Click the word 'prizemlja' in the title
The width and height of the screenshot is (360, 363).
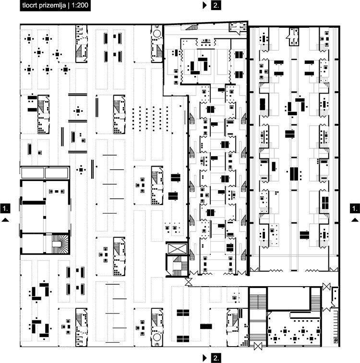[x=52, y=6]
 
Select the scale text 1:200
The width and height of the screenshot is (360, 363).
[x=80, y=5]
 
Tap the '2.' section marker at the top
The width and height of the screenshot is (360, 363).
[x=216, y=5]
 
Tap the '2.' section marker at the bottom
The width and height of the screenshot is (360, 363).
[x=216, y=358]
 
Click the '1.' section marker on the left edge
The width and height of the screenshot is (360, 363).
[x=5, y=208]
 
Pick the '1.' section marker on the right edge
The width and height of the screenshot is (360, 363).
[x=355, y=208]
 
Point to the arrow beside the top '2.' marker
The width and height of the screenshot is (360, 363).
[x=204, y=5]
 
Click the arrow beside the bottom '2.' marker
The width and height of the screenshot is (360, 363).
[x=204, y=358]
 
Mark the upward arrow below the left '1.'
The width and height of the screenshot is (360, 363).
[x=5, y=220]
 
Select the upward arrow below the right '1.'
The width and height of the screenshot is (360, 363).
[x=355, y=220]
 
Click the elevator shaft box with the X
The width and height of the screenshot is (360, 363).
[x=177, y=249]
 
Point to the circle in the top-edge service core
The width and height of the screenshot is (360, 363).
[x=156, y=34]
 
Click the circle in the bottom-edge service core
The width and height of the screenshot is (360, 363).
[x=157, y=337]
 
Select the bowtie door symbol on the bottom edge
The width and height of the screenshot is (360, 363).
[x=258, y=346]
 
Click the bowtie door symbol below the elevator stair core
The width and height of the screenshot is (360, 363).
[x=188, y=282]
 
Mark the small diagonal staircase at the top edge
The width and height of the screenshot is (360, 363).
[x=192, y=27]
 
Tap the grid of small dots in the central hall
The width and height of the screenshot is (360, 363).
[x=150, y=119]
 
